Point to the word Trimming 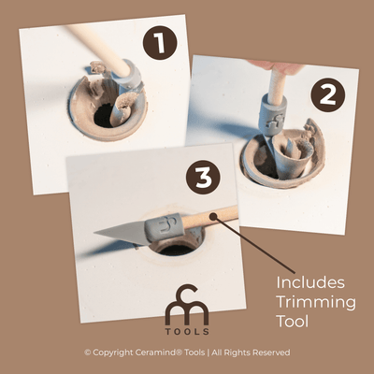pos(315,301)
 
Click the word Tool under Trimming pos(296,322)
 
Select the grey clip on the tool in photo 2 pos(271,119)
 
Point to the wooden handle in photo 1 pos(98,47)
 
